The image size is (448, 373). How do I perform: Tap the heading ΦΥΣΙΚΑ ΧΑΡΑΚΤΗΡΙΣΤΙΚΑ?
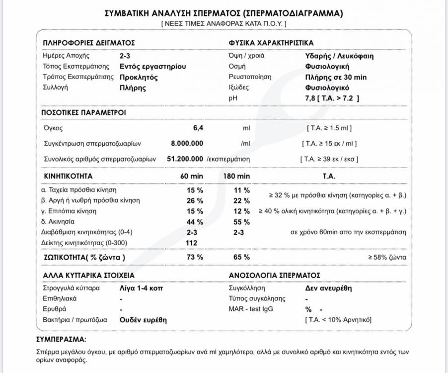coord(271,43)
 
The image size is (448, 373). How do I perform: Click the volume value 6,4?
coord(198,128)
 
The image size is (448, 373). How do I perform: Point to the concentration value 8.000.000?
coord(187,144)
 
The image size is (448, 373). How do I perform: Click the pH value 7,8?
coord(310,98)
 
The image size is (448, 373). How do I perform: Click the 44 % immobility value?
coord(195,222)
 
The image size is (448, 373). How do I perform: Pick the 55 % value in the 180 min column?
coord(241,222)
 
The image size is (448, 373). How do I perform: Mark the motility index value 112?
coord(192,243)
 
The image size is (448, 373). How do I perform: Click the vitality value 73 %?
coord(195,257)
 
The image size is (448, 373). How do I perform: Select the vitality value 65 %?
coord(241,257)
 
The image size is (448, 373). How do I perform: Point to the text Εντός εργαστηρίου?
coord(153,66)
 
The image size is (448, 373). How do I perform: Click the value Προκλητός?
coord(139,77)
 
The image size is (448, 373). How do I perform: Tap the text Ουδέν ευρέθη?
coord(143,320)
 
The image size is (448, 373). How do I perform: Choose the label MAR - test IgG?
coord(251,309)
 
